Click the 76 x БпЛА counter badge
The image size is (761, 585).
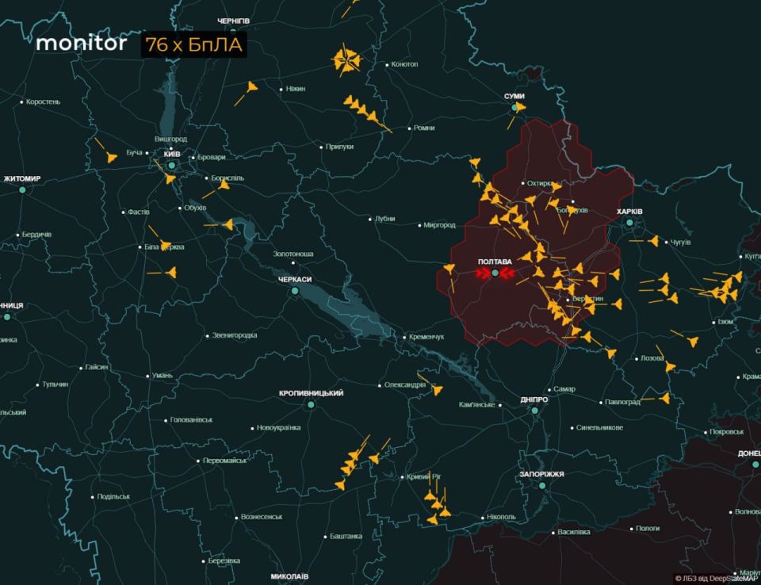pos(194,45)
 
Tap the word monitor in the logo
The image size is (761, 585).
pos(81,44)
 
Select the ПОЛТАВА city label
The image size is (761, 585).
pos(495,261)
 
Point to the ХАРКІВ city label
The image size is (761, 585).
pos(629,211)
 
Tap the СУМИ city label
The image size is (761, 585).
pos(514,96)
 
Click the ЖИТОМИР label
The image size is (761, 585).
pos(22,178)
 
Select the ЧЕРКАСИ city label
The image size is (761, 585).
pos(294,280)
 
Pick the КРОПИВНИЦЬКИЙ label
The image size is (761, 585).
pos(311,393)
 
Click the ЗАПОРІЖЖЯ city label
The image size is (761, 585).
pos(541,474)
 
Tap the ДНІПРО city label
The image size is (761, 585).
pos(533,400)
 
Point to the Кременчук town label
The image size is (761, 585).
pos(426,337)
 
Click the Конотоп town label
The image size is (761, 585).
pos(404,64)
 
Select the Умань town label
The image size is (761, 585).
pos(162,375)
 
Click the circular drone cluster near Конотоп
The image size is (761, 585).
pos(346,61)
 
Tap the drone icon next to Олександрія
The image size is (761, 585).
pos(437,389)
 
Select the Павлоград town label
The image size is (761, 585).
pos(622,402)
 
